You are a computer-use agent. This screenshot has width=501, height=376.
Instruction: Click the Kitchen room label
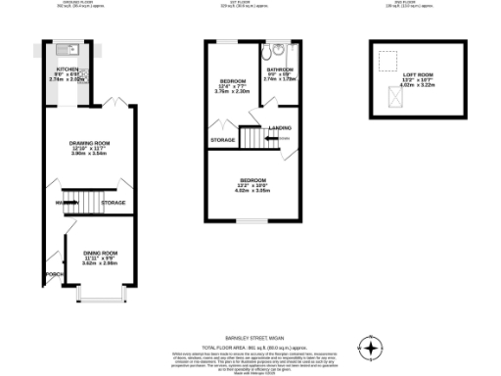66,70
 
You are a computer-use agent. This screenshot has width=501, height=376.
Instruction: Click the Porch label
53,275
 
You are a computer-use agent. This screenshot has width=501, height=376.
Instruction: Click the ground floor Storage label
114,203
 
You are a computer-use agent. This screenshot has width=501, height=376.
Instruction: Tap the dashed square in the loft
387,58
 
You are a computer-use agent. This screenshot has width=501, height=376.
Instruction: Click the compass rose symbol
370,348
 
